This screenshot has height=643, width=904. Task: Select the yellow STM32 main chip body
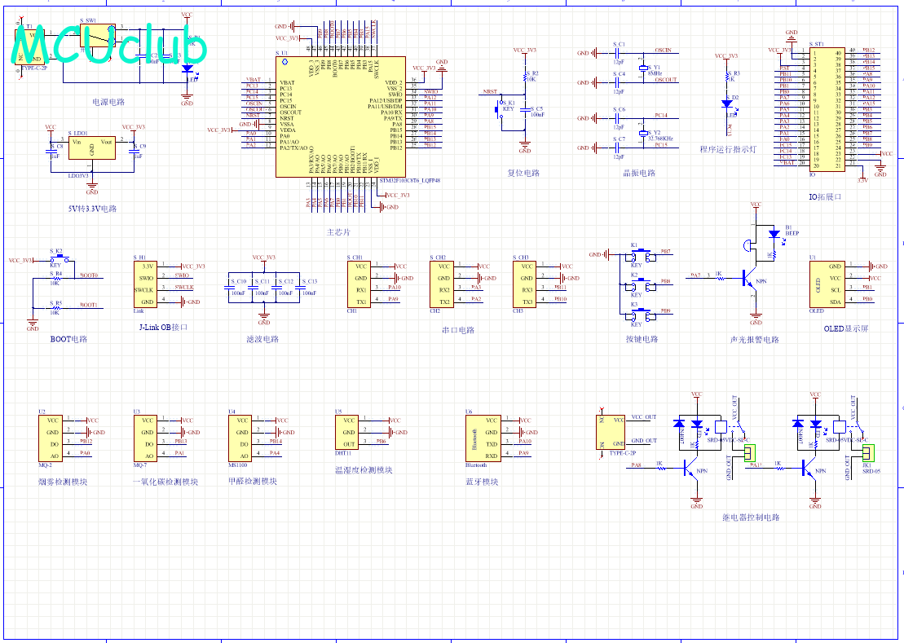340,116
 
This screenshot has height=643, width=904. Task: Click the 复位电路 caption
523,174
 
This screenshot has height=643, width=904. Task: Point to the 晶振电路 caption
639,174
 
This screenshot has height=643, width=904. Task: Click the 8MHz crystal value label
655,73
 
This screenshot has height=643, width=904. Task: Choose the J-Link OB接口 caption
164,328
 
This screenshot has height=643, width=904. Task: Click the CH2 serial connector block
443,284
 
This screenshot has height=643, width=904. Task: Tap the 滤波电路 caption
262,339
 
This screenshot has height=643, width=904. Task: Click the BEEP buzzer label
791,232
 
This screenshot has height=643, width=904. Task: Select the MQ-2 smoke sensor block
51,438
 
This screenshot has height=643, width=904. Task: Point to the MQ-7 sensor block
146,438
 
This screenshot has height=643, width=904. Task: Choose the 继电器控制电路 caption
751,517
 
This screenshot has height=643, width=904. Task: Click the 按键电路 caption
642,339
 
